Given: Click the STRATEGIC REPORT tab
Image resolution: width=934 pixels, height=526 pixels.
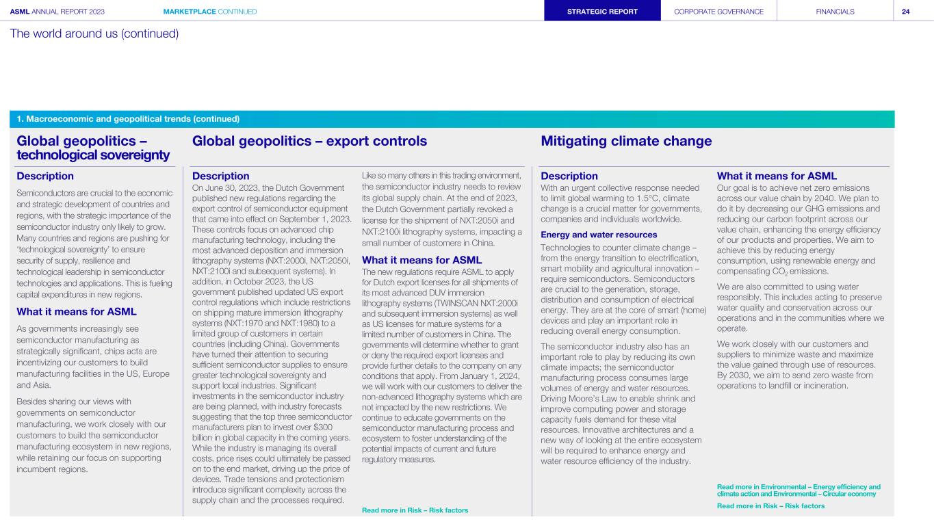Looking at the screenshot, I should (x=602, y=12).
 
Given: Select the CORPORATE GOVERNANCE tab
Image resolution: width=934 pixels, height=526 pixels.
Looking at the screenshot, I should (x=718, y=12).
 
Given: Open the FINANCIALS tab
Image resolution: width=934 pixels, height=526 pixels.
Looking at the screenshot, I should (x=835, y=12).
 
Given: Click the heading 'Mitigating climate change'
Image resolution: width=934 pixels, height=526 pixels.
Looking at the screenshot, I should (x=626, y=141).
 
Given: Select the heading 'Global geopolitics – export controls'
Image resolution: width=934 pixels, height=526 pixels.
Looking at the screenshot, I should (x=309, y=141).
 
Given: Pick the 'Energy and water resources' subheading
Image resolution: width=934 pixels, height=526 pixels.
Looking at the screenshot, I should (x=599, y=235).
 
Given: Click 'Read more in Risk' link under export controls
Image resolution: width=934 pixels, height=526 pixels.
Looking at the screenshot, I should (x=415, y=510).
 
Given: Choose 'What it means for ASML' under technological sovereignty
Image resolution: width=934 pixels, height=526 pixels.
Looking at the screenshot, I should (x=76, y=312).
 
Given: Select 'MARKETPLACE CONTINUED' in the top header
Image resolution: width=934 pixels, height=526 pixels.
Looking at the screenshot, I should (x=210, y=12).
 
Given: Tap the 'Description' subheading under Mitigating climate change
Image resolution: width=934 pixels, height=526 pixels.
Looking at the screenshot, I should (x=569, y=176).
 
